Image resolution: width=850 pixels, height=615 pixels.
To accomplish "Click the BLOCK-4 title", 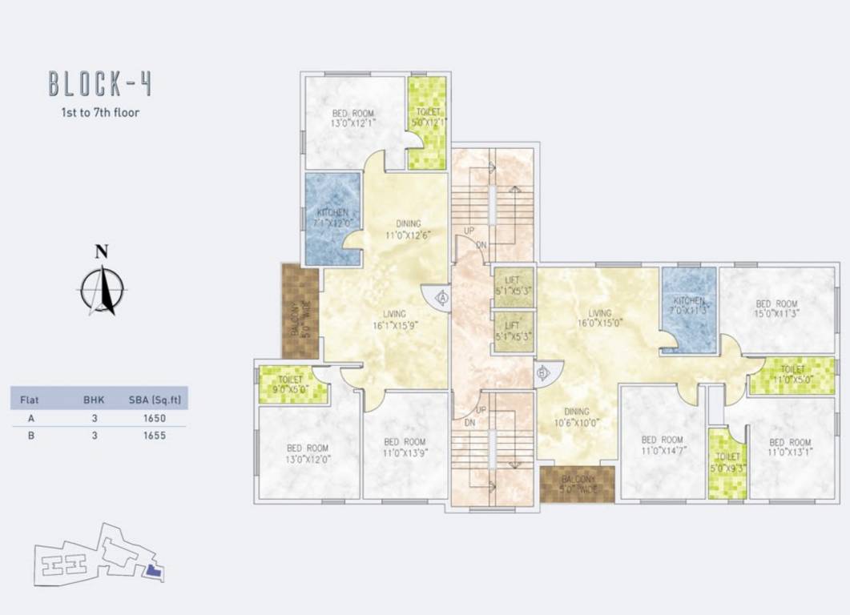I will pos(100,83).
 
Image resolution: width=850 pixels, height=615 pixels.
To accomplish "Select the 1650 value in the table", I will pos(155,418).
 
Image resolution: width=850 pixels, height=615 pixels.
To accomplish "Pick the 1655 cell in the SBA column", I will pos(155,436).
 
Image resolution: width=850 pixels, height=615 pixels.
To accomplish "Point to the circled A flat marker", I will pos(441,297).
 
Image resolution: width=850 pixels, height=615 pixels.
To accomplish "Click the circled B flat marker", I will pos(543,372).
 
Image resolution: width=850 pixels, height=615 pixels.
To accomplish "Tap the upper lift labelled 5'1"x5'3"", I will pos(513,286).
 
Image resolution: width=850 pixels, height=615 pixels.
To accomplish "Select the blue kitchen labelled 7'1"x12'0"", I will pos(332,218).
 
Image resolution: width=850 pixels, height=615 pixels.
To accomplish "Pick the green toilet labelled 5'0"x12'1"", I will pos(427,122).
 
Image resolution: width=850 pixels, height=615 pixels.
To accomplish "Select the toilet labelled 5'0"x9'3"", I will pos(727,464).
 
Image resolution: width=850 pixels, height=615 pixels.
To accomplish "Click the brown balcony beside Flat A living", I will pos(300,311).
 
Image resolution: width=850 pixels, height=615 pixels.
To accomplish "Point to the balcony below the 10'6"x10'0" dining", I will pos(577,484).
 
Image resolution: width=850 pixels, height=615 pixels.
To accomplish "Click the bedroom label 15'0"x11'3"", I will pos(777,309).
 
